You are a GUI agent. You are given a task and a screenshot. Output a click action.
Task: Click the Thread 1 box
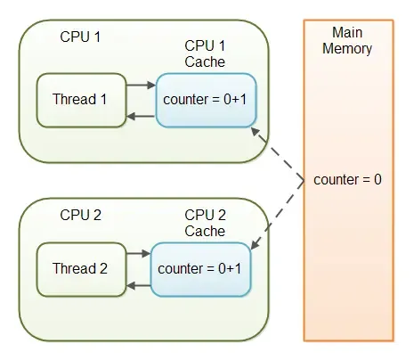tap(80, 100)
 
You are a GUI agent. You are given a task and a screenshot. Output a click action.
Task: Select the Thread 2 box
tap(80, 267)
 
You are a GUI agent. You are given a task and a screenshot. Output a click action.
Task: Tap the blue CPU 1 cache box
tap(206, 100)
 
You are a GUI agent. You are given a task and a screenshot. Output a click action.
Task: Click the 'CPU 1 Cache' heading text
tap(205, 53)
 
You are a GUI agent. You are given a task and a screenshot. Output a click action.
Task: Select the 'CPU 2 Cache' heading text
tap(205, 223)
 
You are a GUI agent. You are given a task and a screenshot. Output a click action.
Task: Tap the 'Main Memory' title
tap(347, 41)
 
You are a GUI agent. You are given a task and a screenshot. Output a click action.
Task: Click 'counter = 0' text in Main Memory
tap(347, 180)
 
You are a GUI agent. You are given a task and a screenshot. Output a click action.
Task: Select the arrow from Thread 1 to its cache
tap(140, 86)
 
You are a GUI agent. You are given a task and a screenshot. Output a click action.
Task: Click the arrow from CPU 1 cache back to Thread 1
tap(140, 116)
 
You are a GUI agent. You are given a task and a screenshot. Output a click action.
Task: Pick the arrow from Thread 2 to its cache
tap(138, 254)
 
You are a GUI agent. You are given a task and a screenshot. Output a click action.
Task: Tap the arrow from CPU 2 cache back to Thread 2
tap(138, 284)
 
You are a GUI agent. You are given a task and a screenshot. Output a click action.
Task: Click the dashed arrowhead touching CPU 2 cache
tap(256, 242)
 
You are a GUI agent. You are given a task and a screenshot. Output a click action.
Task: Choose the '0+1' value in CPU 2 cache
tap(229, 267)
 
